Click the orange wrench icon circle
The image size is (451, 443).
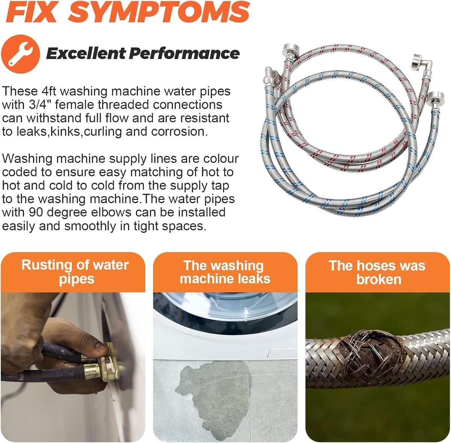click(21, 54)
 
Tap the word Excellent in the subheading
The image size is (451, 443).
click(86, 53)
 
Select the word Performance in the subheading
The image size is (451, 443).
click(184, 53)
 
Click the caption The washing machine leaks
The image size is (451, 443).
click(225, 272)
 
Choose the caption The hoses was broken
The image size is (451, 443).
click(377, 272)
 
